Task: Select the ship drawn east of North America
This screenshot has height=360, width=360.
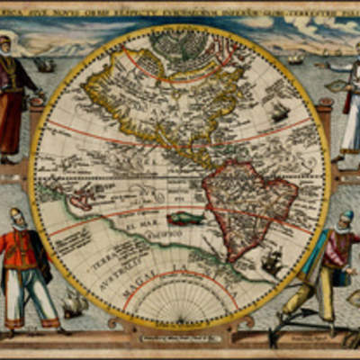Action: point(278,112)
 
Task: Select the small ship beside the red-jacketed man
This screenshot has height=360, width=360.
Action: point(74,304)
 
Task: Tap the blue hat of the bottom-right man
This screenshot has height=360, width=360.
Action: point(346,215)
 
